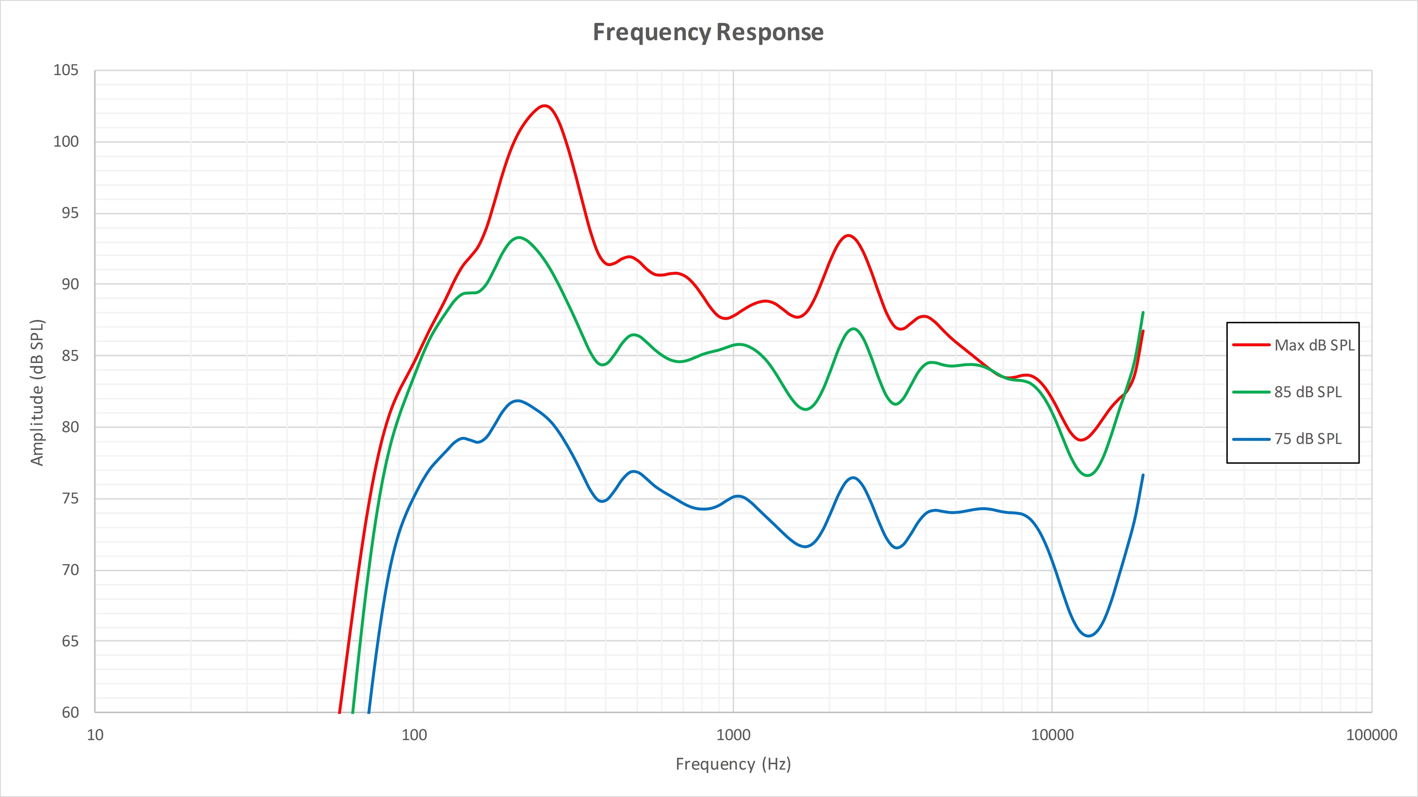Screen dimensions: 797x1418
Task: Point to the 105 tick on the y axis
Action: tap(65, 70)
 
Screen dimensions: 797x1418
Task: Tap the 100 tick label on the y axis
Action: tap(65, 142)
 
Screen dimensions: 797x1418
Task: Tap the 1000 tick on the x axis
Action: tap(733, 735)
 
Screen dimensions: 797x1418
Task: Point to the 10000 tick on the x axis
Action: tap(1052, 735)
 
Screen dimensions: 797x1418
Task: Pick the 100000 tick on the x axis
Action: tap(1371, 735)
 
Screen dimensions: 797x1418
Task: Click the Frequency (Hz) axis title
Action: tap(733, 764)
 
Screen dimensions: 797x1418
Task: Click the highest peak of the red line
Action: tap(544, 106)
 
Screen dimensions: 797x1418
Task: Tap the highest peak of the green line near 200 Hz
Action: tap(518, 238)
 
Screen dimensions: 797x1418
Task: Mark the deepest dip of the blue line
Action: tap(1088, 636)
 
